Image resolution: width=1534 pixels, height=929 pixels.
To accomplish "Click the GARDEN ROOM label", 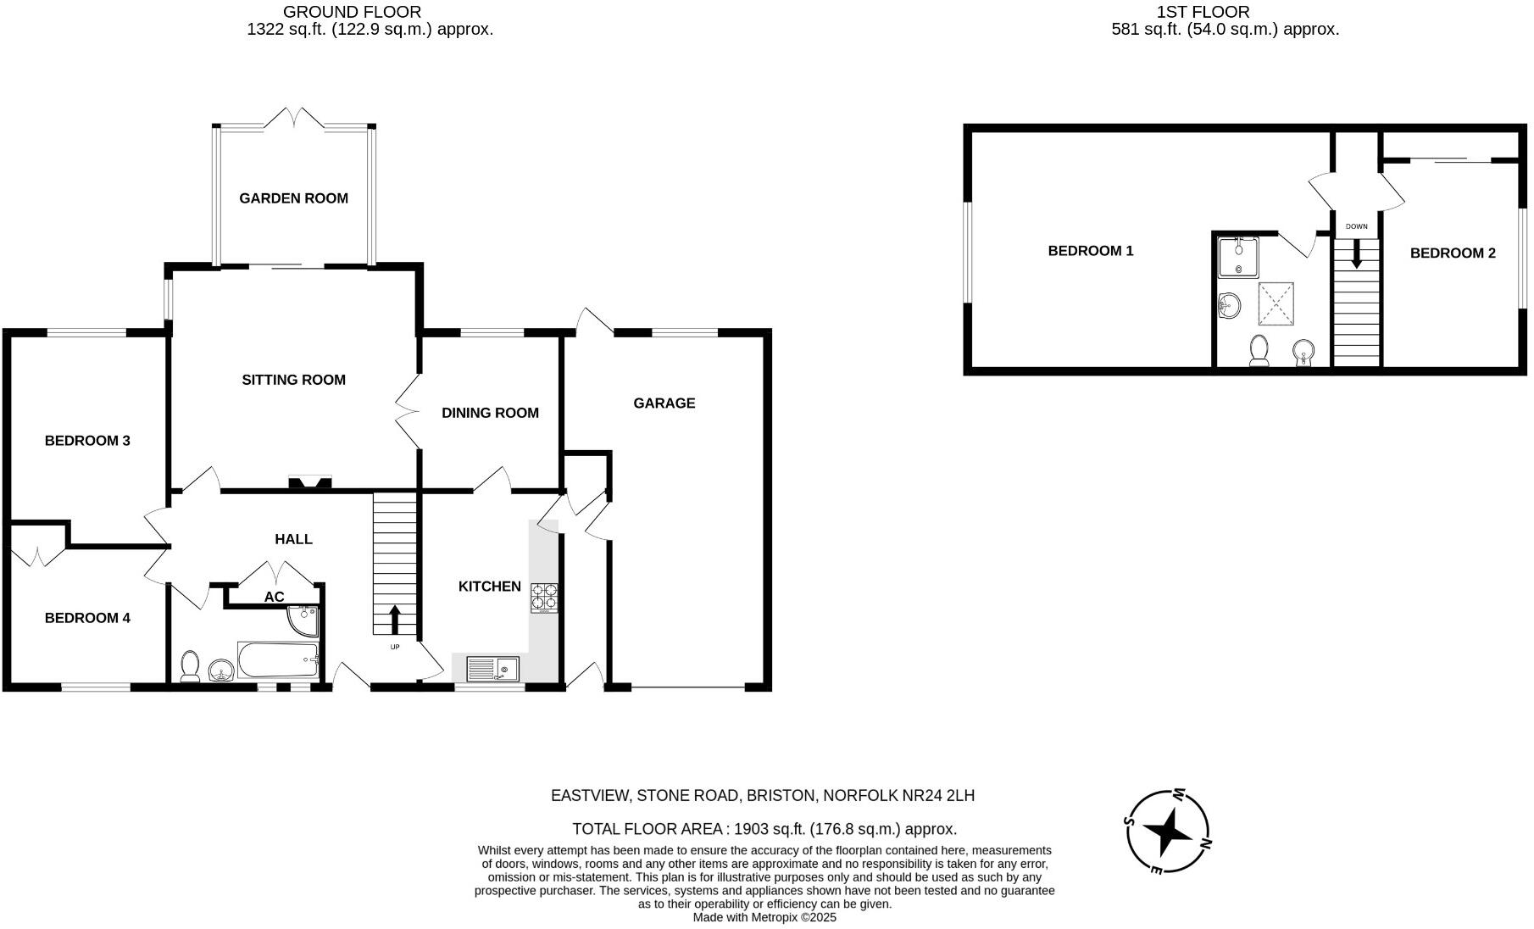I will coord(293,198).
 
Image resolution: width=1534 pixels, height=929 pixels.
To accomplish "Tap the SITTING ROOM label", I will coord(293,380).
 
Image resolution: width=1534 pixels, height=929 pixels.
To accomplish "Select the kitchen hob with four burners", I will coord(545,598).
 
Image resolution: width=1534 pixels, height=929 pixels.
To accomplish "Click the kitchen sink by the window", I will coord(492,670).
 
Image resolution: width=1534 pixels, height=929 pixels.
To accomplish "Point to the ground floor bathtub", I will coord(278,659).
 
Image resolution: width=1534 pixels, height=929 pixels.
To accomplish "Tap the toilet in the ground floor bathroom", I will coord(190,665).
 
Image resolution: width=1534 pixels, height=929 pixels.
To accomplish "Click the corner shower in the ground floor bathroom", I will coord(303,621).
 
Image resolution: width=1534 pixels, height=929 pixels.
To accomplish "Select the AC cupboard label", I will coord(274,597).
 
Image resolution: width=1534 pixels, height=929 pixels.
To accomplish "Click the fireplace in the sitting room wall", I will coord(310,484).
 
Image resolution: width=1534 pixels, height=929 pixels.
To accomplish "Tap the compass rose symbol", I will coord(1169,832).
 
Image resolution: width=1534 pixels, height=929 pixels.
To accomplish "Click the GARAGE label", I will coord(664,403).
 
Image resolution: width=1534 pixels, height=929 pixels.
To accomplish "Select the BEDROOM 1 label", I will coord(1090,251).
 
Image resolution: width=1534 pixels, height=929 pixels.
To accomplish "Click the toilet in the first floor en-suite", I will coord(1259,350).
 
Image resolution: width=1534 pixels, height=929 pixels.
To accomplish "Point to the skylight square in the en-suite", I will coord(1276,303).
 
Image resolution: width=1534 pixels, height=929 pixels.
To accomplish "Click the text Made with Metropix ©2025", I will coord(764,917).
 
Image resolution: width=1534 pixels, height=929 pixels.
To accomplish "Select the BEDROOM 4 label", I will coord(87,618).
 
